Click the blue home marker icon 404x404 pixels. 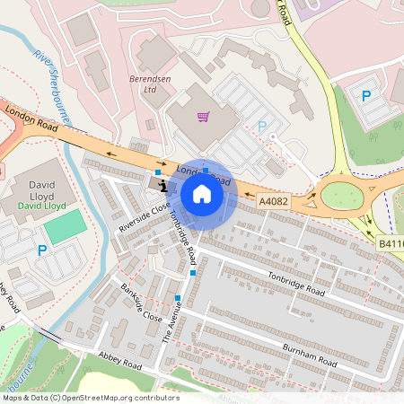202,193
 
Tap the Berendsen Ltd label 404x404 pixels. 150,83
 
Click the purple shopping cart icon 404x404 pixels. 204,117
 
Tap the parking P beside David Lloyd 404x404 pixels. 41,251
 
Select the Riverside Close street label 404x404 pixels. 144,217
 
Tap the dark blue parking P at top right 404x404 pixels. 365,96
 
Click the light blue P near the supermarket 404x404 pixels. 262,127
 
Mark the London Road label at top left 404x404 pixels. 31,119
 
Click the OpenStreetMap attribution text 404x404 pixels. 92,397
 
